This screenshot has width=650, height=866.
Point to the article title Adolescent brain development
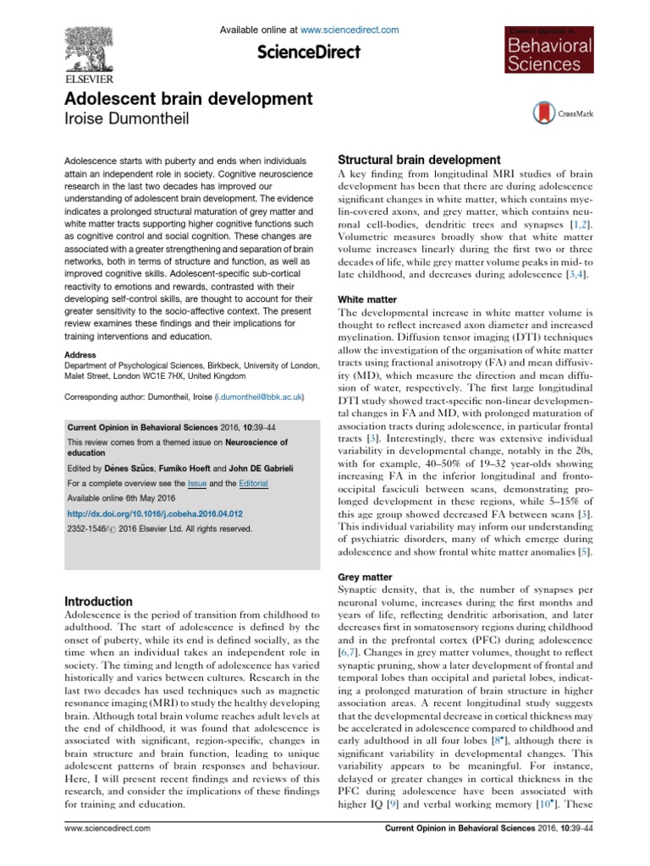[x=177, y=100]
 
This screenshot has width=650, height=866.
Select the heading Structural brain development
[x=420, y=160]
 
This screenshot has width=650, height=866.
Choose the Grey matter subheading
[x=365, y=578]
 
